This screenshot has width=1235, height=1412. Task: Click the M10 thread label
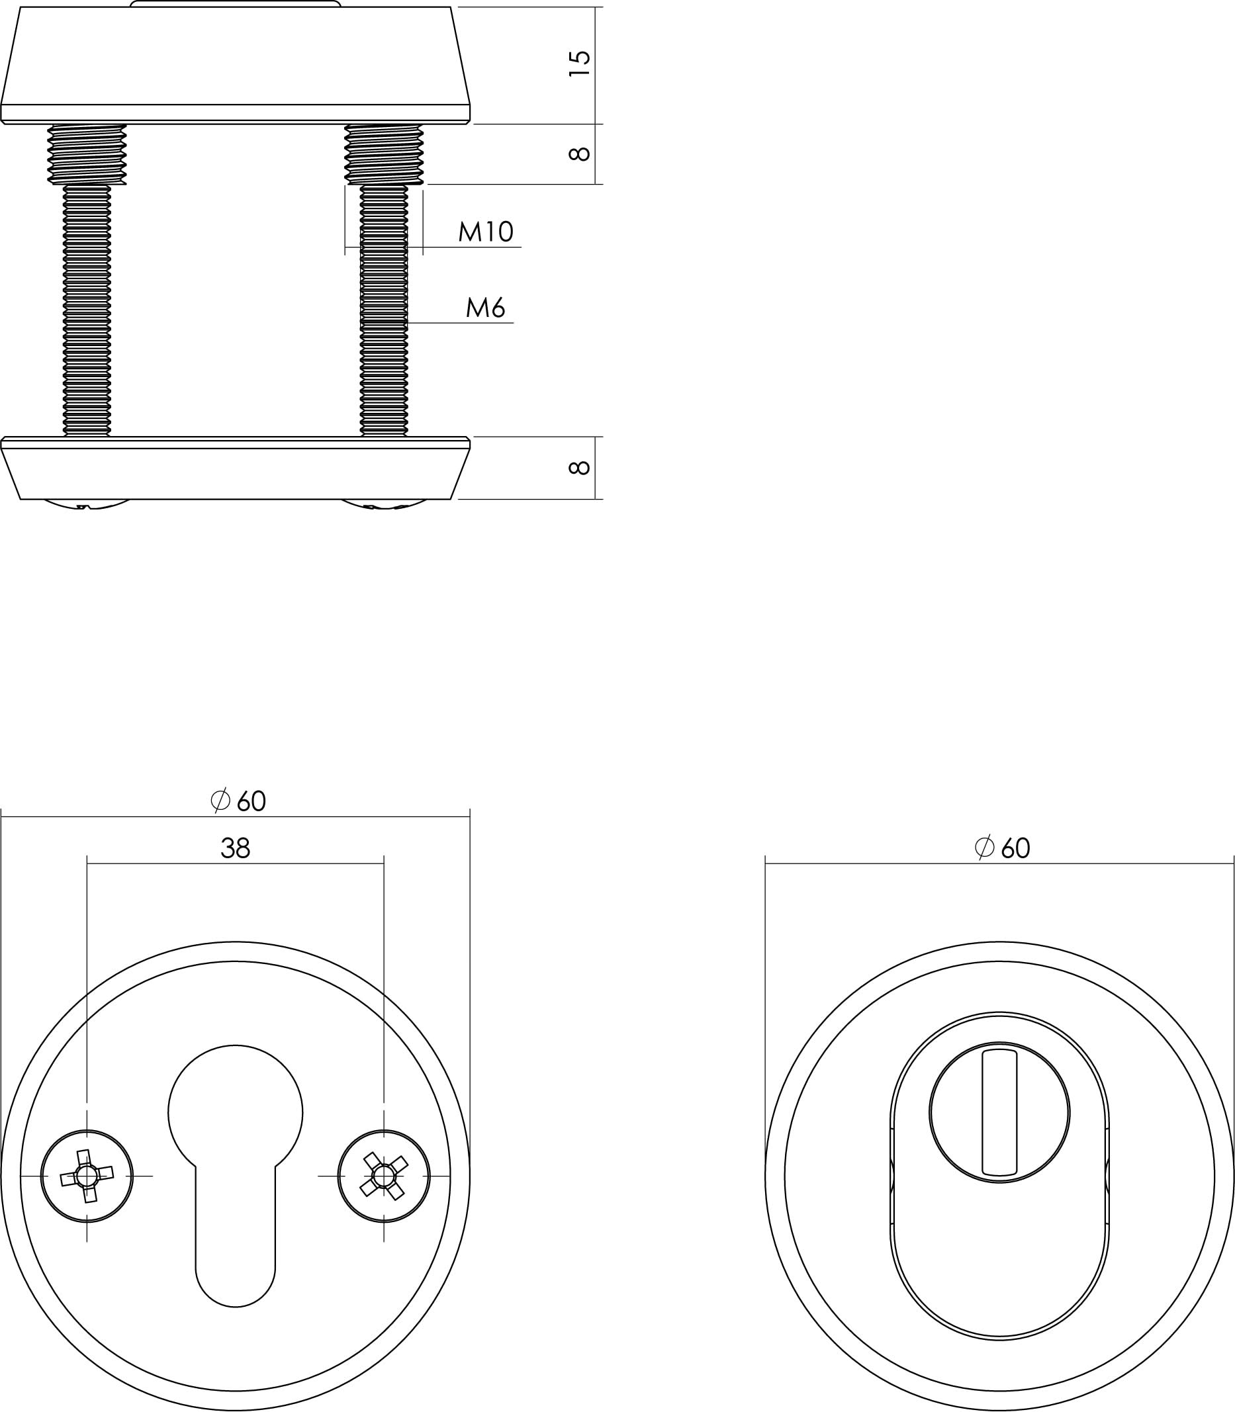(486, 232)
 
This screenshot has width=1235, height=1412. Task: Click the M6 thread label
(485, 308)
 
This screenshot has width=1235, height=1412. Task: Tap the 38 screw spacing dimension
(235, 848)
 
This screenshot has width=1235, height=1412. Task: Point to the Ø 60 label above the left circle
(238, 801)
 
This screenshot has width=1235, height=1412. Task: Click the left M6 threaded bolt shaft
(87, 310)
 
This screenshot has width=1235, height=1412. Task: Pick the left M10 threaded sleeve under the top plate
(87, 154)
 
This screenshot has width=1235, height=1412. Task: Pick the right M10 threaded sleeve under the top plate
(384, 154)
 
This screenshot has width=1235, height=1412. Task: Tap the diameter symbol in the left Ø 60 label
(220, 800)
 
